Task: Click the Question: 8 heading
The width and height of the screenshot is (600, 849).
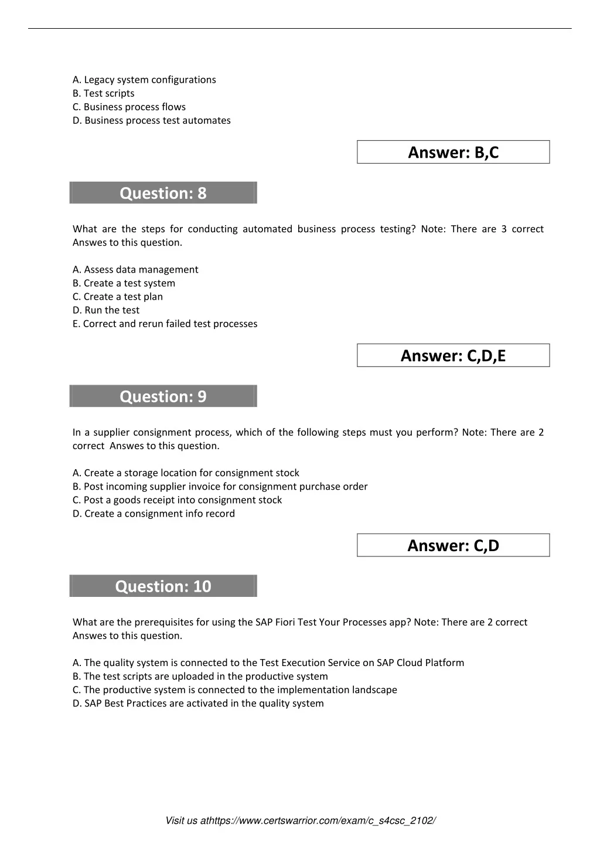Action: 163,193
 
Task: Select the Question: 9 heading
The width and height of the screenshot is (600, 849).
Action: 163,396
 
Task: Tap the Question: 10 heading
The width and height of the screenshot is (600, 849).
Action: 163,586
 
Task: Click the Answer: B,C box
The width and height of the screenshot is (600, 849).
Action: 453,152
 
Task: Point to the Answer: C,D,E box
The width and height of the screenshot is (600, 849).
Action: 453,356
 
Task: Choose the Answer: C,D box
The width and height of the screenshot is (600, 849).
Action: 453,546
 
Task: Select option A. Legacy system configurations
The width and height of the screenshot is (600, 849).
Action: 144,80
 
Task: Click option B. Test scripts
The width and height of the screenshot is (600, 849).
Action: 104,93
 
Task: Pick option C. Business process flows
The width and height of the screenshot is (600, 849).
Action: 129,107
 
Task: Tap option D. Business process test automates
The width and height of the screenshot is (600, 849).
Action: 152,120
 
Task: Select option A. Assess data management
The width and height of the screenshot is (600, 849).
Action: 135,270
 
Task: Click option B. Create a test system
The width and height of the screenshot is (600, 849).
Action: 124,283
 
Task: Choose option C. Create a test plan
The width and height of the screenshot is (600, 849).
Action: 118,297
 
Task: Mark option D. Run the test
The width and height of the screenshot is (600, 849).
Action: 106,310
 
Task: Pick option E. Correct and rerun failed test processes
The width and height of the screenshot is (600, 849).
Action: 165,324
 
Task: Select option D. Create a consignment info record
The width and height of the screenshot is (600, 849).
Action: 154,514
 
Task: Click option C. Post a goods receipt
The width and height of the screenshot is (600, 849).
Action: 177,500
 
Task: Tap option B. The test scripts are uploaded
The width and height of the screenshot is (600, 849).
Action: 200,677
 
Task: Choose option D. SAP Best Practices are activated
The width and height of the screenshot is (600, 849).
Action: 198,704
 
